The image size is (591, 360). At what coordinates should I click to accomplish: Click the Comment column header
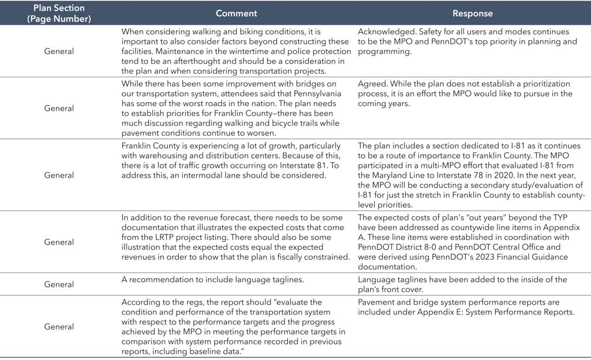click(x=236, y=13)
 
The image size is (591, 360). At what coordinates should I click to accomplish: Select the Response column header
click(x=472, y=13)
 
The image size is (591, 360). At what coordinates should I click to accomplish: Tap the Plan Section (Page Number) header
click(x=59, y=13)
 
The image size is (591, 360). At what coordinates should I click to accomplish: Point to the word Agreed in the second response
click(x=371, y=84)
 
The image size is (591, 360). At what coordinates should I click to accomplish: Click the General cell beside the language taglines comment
click(x=59, y=284)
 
